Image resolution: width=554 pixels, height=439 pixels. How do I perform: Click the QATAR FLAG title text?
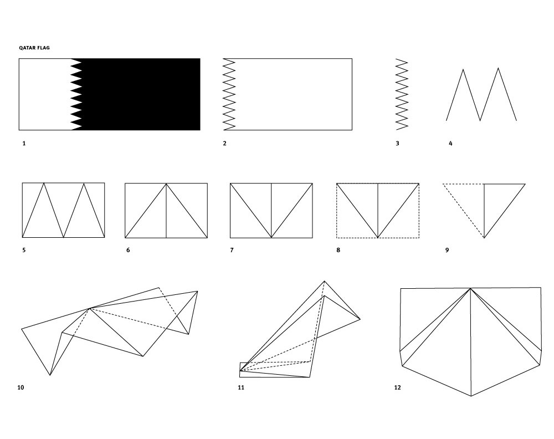click(x=34, y=48)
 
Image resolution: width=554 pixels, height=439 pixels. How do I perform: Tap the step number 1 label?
click(x=24, y=144)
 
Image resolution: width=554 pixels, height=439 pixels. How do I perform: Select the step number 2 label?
click(x=225, y=144)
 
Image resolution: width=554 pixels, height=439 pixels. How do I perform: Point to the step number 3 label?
click(x=397, y=144)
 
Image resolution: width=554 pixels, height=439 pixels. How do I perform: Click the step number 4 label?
click(x=450, y=144)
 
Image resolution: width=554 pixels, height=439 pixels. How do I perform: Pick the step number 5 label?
click(x=24, y=250)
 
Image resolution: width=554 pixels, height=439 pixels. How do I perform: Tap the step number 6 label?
click(x=128, y=250)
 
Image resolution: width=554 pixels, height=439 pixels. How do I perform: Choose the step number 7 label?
click(x=232, y=250)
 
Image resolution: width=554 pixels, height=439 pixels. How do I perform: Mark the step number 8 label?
click(x=338, y=250)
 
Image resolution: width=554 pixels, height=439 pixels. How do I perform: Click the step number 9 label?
click(x=447, y=250)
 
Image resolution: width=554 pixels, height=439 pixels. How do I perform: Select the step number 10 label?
click(x=21, y=388)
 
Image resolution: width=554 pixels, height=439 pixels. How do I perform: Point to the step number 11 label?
click(x=241, y=388)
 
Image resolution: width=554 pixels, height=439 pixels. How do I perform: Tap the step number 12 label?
click(x=397, y=388)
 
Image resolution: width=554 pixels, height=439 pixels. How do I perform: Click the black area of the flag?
click(x=141, y=94)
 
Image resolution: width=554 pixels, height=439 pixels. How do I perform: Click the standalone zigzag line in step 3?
click(x=402, y=94)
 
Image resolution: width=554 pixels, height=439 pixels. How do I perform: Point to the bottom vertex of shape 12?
click(x=471, y=396)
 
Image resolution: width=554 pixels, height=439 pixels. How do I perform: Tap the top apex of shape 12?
click(x=470, y=289)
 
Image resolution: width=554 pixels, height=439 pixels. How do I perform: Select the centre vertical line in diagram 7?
click(x=271, y=210)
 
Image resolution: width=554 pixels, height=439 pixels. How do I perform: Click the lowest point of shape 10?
click(x=50, y=375)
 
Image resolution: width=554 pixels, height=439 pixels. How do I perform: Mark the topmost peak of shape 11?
click(x=324, y=281)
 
